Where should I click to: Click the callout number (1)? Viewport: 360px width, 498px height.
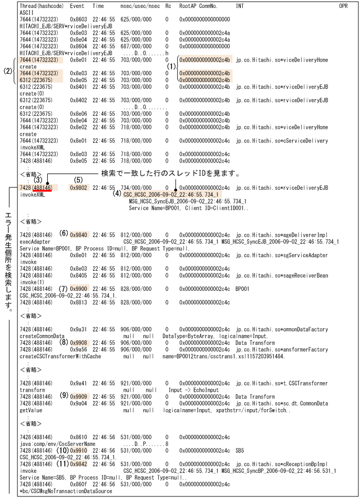[x=171, y=67]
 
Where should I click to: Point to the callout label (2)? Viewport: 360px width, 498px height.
[x=7, y=69]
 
